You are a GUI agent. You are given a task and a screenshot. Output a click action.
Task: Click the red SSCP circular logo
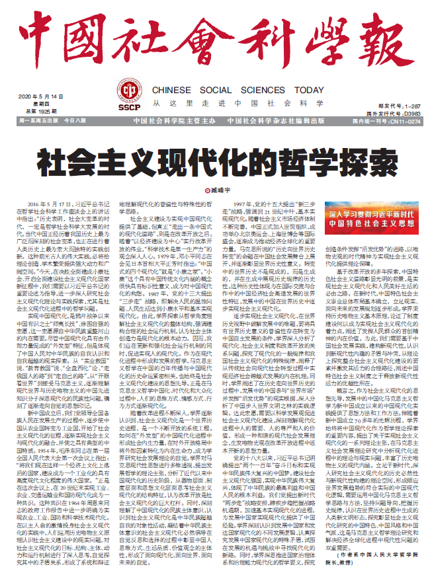pos(130,93)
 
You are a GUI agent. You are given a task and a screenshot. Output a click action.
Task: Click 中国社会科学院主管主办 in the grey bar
pos(171,122)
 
